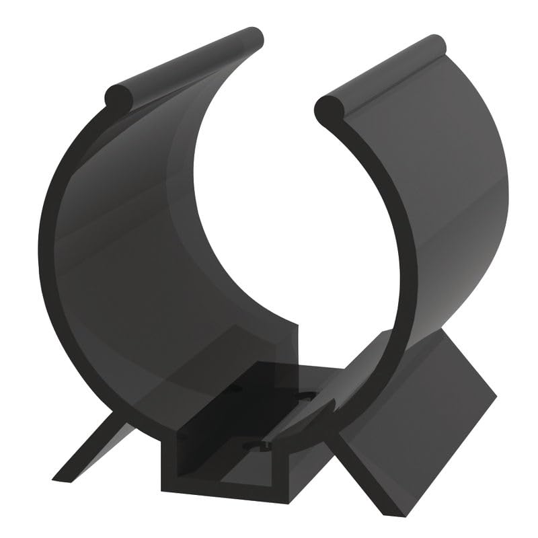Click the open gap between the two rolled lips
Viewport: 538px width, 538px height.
click(286, 87)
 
